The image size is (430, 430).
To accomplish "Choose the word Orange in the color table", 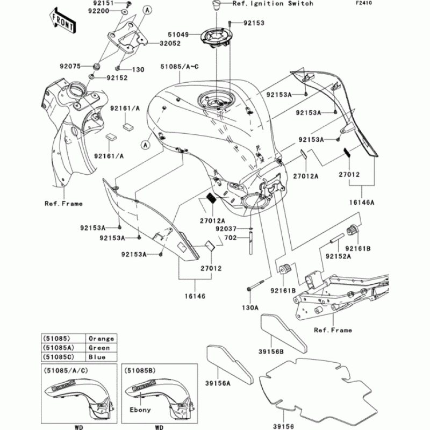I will [102, 339].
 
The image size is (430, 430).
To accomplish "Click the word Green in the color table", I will [99, 348].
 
